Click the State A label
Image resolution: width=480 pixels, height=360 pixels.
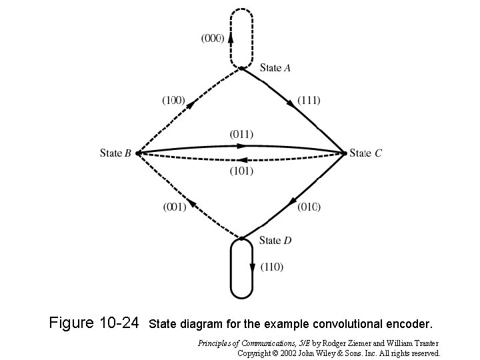coord(275,67)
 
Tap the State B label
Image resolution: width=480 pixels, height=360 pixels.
coord(115,153)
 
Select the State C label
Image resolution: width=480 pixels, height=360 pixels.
coord(366,153)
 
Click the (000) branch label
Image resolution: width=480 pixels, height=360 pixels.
coord(213,38)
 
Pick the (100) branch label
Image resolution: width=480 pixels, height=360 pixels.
coord(173,100)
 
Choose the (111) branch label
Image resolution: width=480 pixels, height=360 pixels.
coord(309,100)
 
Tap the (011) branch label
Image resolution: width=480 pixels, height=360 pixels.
coord(241,134)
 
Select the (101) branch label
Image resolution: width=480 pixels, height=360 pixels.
coord(241,171)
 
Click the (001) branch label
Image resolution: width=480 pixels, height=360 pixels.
coord(175,207)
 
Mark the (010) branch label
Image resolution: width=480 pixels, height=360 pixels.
coord(309,207)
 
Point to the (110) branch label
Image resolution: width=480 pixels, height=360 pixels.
coord(271,267)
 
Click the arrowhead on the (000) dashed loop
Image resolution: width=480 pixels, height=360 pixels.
coord(231,38)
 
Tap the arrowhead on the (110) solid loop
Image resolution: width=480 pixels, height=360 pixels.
coord(253,267)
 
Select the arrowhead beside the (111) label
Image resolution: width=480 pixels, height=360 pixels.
coord(292,103)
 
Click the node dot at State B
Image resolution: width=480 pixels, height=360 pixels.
coord(137,153)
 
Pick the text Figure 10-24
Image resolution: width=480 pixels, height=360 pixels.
coord(94,324)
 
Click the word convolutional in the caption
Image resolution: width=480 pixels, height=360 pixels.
coord(351,325)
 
